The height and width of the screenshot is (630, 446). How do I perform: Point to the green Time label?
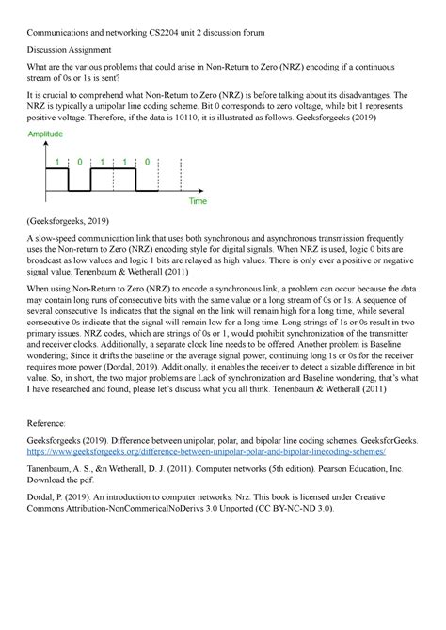(x=198, y=201)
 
